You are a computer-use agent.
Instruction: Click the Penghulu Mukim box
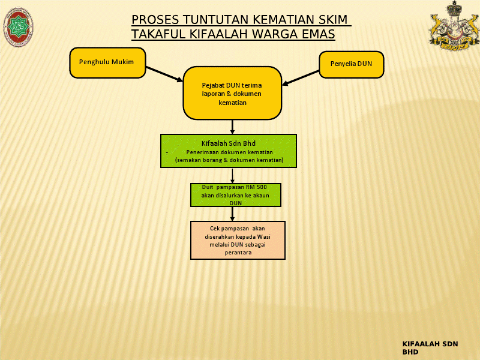[107, 62]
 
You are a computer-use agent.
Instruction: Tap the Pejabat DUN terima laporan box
[232, 93]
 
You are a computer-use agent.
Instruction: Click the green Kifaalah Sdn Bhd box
[229, 151]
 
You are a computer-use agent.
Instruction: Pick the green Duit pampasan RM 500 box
[236, 195]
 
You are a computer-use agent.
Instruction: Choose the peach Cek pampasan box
[238, 240]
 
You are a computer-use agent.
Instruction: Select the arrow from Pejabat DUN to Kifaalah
[232, 127]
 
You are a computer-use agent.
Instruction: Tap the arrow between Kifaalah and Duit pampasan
[232, 175]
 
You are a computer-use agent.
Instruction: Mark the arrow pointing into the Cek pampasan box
[232, 214]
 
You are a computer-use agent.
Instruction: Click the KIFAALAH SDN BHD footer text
[430, 348]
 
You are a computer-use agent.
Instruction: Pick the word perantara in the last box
[238, 253]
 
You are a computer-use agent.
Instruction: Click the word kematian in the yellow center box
[232, 103]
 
